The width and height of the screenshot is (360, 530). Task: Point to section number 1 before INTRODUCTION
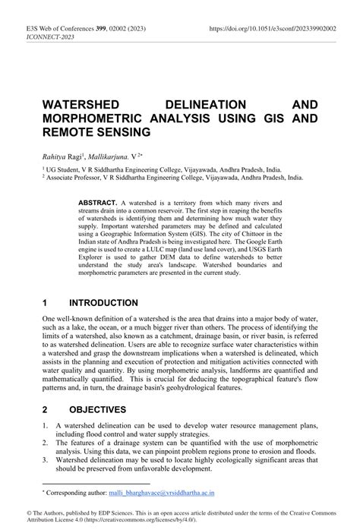pos(46,303)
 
